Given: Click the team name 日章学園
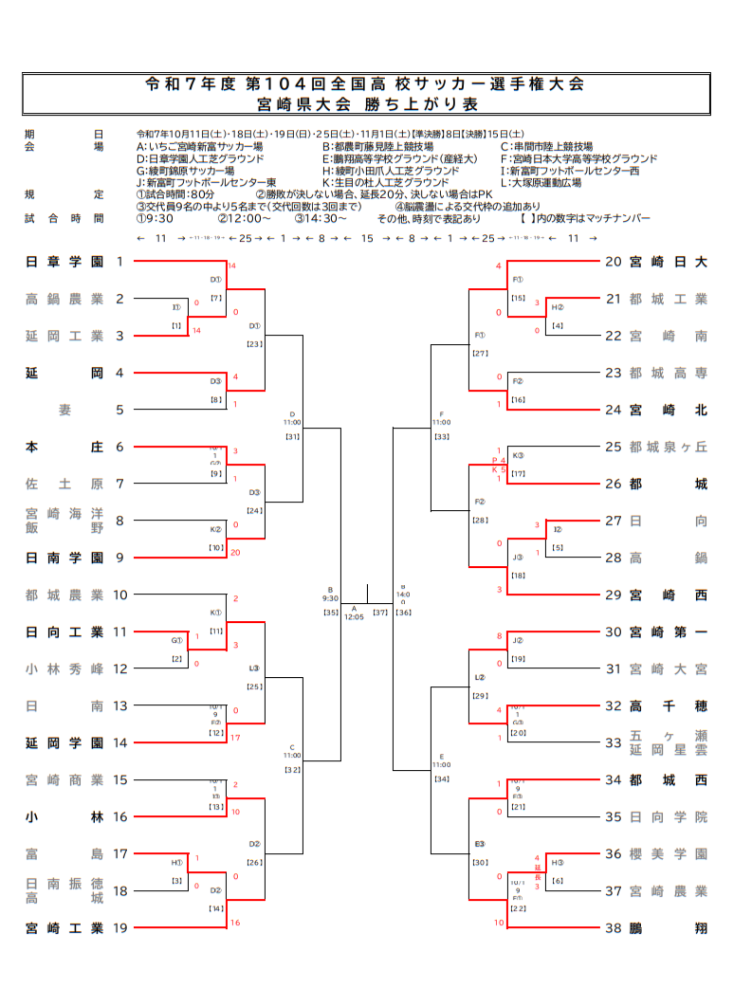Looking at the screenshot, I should [x=64, y=262].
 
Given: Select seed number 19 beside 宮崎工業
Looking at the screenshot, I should [x=120, y=928].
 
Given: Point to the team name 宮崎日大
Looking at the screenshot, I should [x=668, y=262].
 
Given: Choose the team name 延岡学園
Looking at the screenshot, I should [x=64, y=743].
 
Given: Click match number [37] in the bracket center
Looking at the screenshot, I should [x=380, y=613].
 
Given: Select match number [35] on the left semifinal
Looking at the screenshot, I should [x=330, y=613].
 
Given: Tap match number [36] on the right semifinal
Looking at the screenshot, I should [x=404, y=613].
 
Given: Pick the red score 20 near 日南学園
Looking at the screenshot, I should [x=235, y=552].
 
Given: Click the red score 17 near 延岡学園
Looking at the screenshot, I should [x=235, y=737].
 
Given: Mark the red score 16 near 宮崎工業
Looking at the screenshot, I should [x=235, y=922].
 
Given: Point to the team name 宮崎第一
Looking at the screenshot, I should [x=668, y=632].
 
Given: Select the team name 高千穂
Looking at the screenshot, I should [x=668, y=706].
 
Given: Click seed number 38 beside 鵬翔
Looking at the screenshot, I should [x=614, y=928].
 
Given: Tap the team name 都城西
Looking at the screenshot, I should [x=668, y=780].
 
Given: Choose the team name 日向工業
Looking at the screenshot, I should [x=64, y=632].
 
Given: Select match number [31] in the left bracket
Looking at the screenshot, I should [x=292, y=436].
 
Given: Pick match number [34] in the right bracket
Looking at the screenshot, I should [x=441, y=778].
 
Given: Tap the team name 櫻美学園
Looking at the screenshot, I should [x=668, y=854].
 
